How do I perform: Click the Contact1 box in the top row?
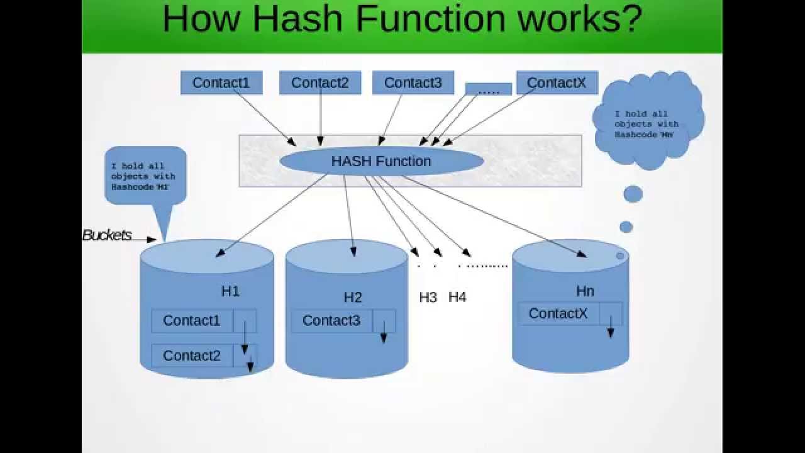(221, 82)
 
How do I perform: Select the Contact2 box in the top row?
(319, 82)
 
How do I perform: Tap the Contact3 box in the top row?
(413, 82)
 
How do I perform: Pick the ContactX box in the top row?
(557, 82)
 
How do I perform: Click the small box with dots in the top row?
(488, 90)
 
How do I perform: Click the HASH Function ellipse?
(381, 161)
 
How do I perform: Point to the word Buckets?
(108, 235)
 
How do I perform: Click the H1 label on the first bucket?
(230, 291)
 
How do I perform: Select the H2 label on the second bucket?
(353, 298)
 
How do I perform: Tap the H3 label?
(428, 298)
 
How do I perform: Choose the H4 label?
(457, 298)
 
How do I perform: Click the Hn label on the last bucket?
(585, 291)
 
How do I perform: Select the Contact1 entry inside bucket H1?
(192, 321)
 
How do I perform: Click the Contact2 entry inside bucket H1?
(192, 355)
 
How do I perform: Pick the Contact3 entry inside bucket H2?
(331, 321)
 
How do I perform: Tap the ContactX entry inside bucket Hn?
(558, 313)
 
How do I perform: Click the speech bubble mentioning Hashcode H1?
(145, 176)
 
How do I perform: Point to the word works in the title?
(572, 20)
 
